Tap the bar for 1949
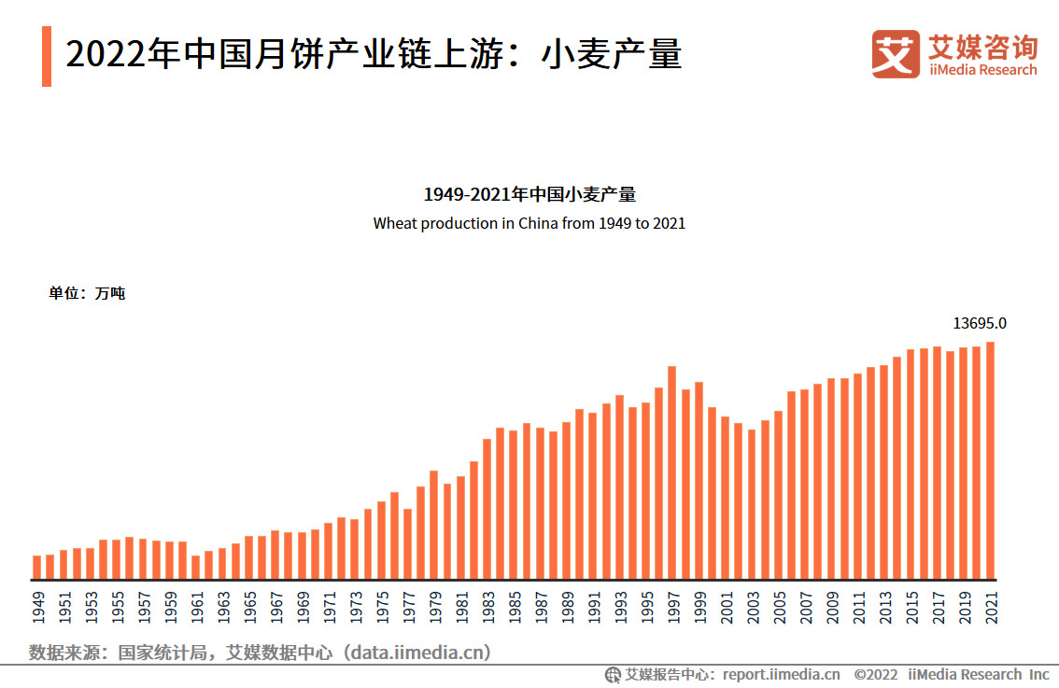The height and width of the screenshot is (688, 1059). (37, 568)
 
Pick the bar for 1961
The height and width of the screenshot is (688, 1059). (196, 568)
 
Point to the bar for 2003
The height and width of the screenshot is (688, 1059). (752, 504)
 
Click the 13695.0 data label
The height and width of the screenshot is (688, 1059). (980, 324)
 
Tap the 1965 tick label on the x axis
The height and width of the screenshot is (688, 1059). (249, 607)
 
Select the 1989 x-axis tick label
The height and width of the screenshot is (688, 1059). (567, 607)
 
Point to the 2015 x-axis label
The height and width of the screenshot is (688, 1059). (911, 607)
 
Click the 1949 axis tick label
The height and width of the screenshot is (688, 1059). (37, 607)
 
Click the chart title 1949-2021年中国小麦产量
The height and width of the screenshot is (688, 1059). (529, 195)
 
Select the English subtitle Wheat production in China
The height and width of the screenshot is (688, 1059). (529, 224)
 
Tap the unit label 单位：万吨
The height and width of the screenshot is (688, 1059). (87, 293)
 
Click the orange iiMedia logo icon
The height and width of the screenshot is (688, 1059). (896, 54)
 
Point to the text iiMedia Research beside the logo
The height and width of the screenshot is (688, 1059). (982, 70)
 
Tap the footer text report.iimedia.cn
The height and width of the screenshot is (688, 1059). (781, 674)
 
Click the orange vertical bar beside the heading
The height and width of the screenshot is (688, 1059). (47, 56)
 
